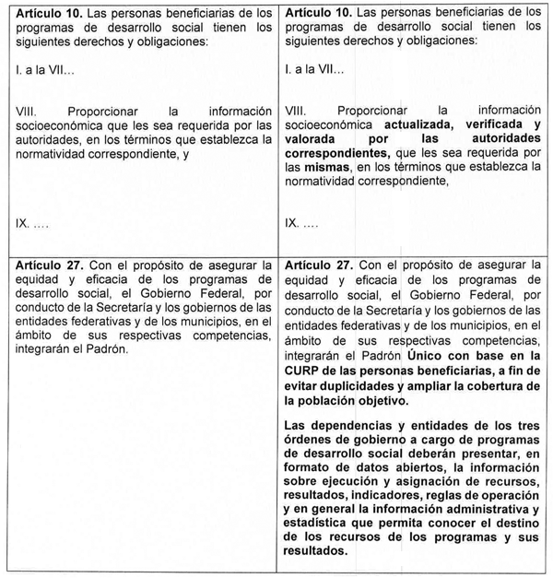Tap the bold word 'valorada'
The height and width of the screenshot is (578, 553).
point(313,139)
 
